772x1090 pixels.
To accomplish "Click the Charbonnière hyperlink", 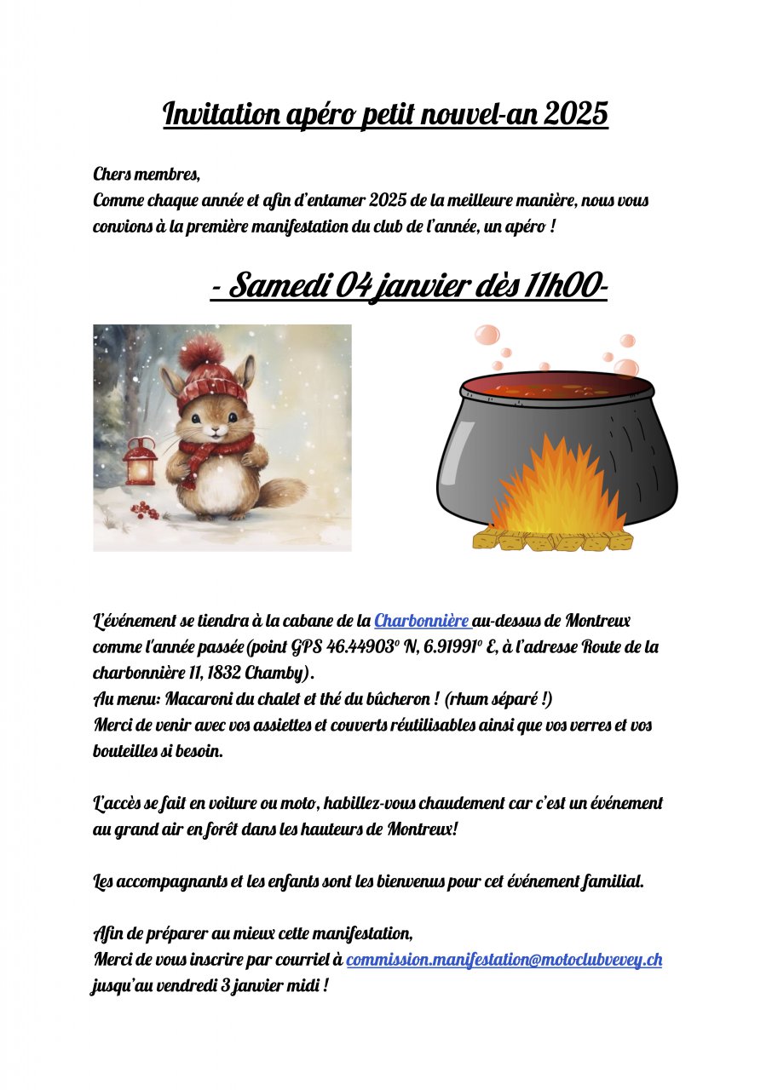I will [x=421, y=621].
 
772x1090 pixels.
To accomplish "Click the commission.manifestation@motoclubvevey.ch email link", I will [x=504, y=960].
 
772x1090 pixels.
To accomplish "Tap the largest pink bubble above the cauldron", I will [x=487, y=334].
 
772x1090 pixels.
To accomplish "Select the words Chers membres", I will [x=147, y=175].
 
